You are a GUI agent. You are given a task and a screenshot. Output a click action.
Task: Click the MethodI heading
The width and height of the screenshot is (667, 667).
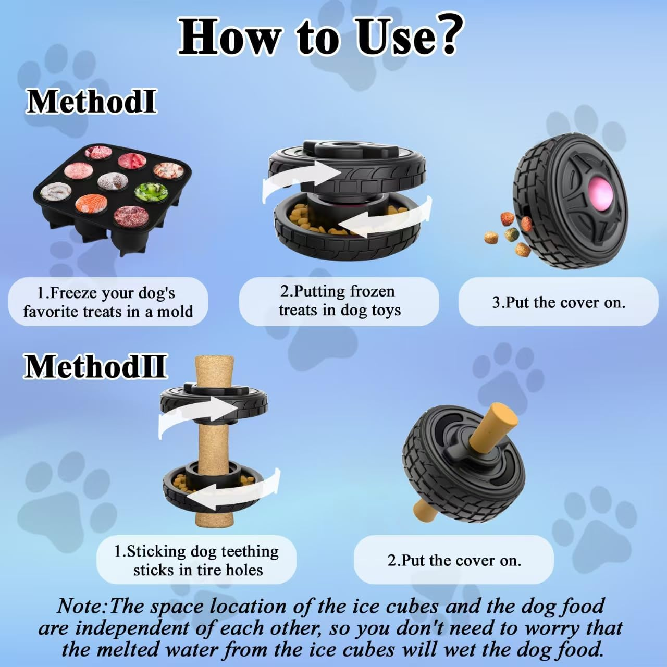coord(91,101)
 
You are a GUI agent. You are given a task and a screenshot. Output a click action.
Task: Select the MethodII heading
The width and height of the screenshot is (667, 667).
coord(95,366)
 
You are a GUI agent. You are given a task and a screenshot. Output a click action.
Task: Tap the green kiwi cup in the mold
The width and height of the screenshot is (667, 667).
coord(151,192)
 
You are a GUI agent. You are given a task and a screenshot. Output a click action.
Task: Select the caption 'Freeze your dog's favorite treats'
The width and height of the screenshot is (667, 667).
coord(108,302)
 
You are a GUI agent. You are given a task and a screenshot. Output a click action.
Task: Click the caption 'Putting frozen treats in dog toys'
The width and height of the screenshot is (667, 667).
coord(339,301)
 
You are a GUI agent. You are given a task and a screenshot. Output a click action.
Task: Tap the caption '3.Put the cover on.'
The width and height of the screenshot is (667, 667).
coord(558,302)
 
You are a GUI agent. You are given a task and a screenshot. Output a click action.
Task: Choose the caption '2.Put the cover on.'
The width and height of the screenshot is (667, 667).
coord(453,560)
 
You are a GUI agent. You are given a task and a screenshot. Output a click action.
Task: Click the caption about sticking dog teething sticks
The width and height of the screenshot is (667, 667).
coord(196,560)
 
